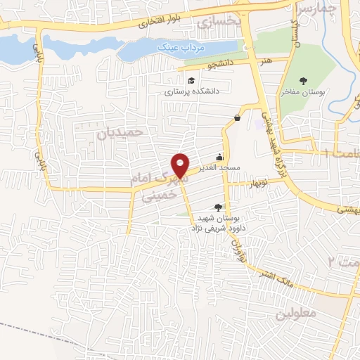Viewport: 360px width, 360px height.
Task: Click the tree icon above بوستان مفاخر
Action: [303, 80]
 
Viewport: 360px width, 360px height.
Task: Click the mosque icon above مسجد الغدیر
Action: [220, 157]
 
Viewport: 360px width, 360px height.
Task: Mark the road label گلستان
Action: [295, 32]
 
